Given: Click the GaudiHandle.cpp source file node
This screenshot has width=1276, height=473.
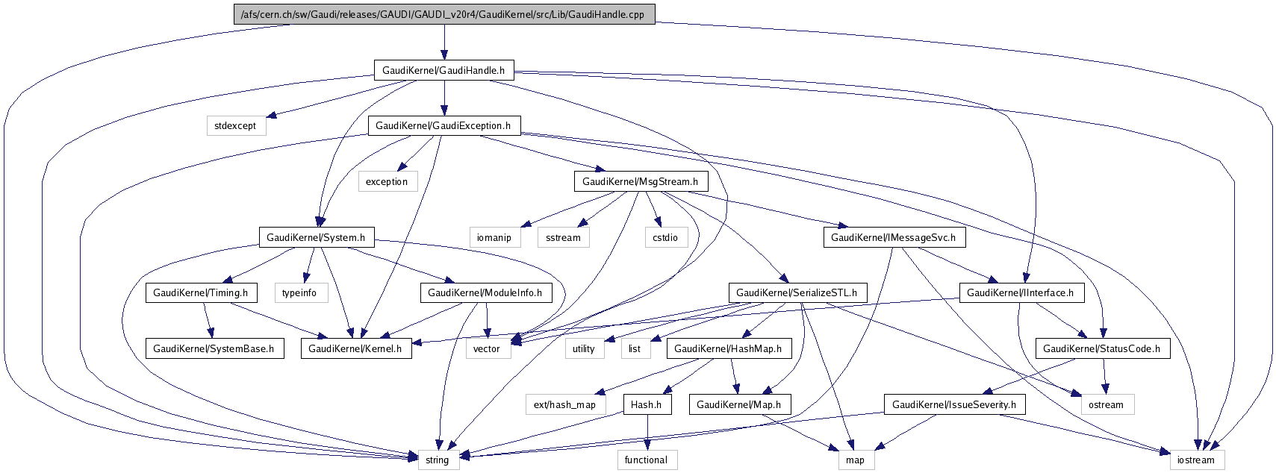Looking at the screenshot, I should pos(444,14).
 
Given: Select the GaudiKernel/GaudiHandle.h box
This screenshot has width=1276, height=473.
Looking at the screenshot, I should pos(444,71).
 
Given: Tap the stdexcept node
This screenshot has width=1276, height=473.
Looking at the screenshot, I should pos(235,126).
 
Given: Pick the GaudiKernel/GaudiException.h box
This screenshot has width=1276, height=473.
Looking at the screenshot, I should pos(444,126).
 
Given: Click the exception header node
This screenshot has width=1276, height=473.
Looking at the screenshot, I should pos(387,182).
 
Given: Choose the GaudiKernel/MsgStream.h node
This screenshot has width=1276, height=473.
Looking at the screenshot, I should pos(640,181).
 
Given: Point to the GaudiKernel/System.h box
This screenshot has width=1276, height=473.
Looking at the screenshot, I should pos(316,238).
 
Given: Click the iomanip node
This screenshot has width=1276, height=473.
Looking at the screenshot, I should pos(494,238).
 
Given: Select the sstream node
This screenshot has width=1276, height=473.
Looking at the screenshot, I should pos(563,238).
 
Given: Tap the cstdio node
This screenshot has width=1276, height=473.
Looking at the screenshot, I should pos(665,238).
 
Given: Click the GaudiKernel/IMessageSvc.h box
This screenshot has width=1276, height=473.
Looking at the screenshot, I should pos(894,238).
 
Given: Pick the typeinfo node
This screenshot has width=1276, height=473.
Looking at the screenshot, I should pos(299,293).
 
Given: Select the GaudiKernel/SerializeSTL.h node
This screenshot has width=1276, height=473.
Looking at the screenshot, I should pos(797,293).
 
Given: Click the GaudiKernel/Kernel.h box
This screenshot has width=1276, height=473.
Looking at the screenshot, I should pos(355,348).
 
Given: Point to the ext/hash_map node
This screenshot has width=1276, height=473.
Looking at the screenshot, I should pos(564,405).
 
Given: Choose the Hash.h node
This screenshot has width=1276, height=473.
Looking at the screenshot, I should pos(647,405).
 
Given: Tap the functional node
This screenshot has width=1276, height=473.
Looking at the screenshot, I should pos(647,460).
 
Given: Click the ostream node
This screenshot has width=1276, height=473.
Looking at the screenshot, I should pos(1106,405).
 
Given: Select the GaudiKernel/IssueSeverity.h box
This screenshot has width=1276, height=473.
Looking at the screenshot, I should pos(954,405).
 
